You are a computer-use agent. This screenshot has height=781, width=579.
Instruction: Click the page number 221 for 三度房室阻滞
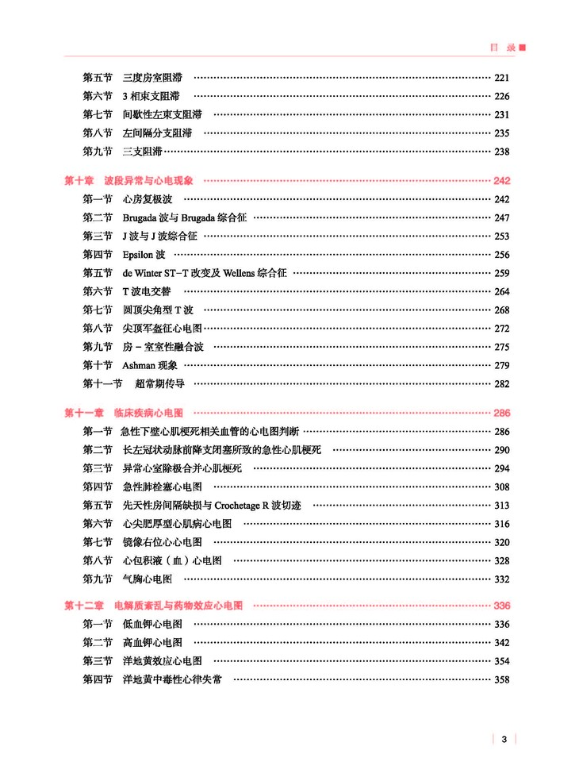click(501, 78)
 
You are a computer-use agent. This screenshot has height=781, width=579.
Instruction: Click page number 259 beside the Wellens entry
click(501, 273)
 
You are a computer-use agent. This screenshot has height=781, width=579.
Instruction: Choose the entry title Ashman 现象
click(150, 365)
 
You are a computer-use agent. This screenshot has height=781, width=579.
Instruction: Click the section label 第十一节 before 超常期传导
click(102, 383)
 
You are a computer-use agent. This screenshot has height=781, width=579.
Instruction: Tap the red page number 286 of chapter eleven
click(501, 414)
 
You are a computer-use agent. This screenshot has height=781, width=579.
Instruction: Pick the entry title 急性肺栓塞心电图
click(163, 487)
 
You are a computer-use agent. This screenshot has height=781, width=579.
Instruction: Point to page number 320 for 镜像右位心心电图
click(501, 542)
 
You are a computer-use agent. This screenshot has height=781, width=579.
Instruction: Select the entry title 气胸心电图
click(148, 579)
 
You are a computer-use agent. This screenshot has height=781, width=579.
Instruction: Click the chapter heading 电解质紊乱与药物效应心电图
click(178, 606)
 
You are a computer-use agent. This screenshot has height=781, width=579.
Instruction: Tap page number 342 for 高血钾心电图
click(501, 643)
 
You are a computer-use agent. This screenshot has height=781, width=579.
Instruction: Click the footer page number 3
click(504, 739)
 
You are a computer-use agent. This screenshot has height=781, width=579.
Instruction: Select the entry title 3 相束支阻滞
click(151, 96)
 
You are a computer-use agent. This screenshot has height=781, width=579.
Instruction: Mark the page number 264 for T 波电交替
click(501, 291)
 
